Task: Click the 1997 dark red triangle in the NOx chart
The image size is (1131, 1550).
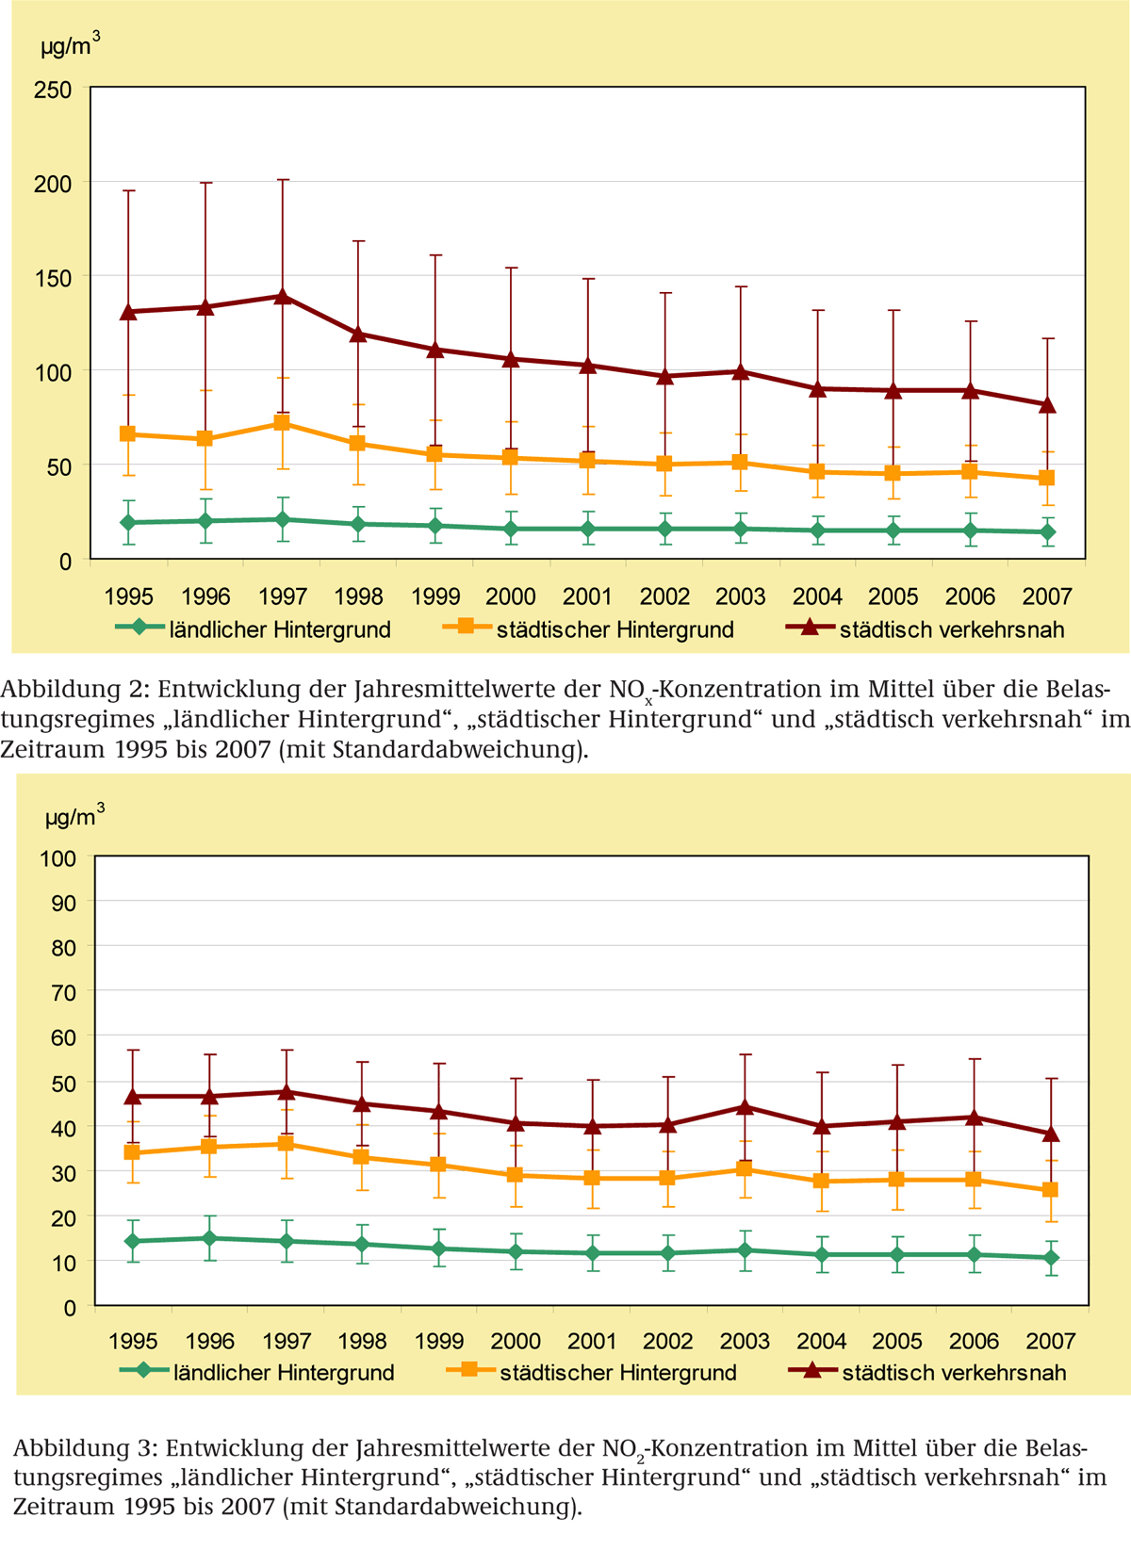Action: point(282,296)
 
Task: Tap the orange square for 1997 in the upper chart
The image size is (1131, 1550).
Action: point(282,423)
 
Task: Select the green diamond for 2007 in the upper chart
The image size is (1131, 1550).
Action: point(1046,532)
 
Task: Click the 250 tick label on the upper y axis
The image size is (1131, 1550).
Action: point(53,90)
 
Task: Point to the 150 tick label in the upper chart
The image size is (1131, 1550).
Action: point(53,278)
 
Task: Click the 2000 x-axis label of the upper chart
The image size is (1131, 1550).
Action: point(511,596)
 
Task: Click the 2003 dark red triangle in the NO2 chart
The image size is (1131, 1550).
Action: point(745,1106)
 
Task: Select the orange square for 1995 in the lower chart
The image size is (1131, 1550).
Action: point(133,1152)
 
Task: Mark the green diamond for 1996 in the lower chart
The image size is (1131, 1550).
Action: point(209,1238)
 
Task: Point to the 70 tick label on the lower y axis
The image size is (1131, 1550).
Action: point(64,992)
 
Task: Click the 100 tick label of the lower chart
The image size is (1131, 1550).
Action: point(58,858)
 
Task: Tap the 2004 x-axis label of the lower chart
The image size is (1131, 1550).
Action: point(821,1341)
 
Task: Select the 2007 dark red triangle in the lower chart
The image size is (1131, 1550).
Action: point(1051,1134)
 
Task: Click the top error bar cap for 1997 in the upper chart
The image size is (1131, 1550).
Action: point(282,179)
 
